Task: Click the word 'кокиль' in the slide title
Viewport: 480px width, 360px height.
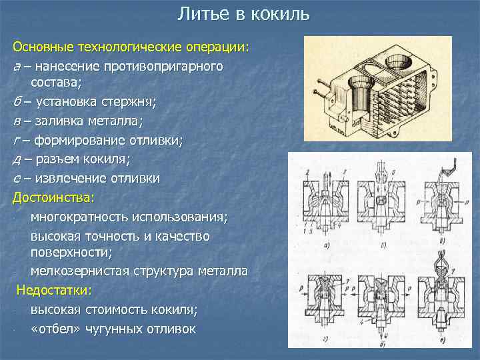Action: click(284, 13)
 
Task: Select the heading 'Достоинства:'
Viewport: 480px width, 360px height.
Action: click(54, 197)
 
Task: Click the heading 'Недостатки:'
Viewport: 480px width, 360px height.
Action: click(56, 291)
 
